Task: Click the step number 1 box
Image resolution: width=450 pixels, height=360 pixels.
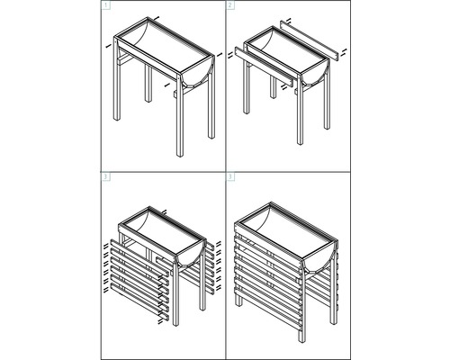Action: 106,6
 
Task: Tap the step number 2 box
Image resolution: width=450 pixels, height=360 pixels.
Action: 229,6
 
